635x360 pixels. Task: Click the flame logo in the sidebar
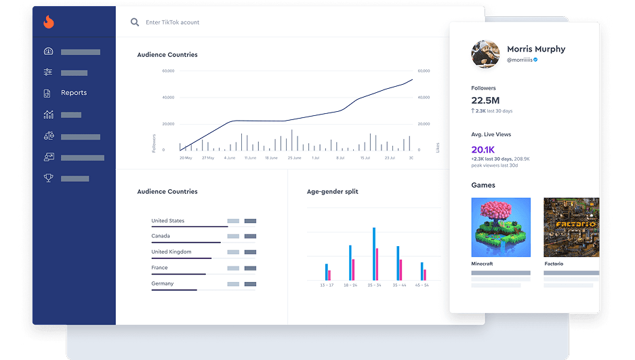pyautogui.click(x=48, y=22)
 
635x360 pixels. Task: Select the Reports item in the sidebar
pyautogui.click(x=74, y=93)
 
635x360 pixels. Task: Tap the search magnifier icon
pyautogui.click(x=135, y=22)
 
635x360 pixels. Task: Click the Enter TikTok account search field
pyautogui.click(x=173, y=22)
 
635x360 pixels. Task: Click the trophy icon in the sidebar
pyautogui.click(x=48, y=178)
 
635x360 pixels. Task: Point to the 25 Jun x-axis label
pyautogui.click(x=294, y=157)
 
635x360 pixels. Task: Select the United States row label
pyautogui.click(x=168, y=221)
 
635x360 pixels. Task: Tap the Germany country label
pyautogui.click(x=163, y=283)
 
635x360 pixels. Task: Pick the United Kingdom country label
pyautogui.click(x=171, y=252)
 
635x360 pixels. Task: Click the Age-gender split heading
pyautogui.click(x=332, y=192)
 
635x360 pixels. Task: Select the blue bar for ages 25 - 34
pyautogui.click(x=374, y=254)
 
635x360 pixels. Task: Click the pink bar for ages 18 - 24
pyautogui.click(x=353, y=269)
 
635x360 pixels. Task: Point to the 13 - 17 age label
pyautogui.click(x=327, y=285)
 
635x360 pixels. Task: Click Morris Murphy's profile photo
pyautogui.click(x=485, y=54)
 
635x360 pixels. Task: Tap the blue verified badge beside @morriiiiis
pyautogui.click(x=535, y=60)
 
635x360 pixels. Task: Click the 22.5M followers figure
pyautogui.click(x=486, y=100)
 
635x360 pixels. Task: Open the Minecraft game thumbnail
pyautogui.click(x=501, y=227)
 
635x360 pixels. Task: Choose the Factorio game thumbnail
pyautogui.click(x=571, y=227)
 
